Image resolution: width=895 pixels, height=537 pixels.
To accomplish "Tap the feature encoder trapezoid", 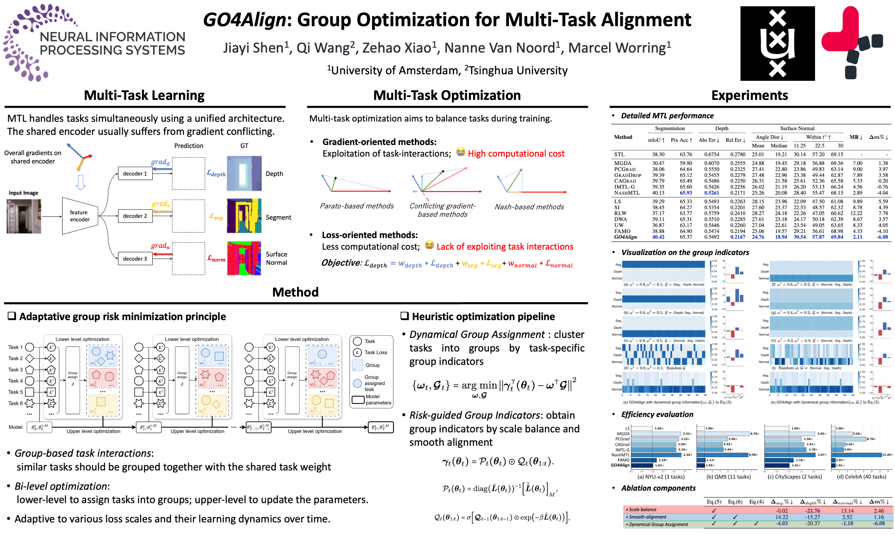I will [80, 216].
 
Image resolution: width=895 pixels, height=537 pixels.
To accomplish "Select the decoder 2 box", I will [135, 216].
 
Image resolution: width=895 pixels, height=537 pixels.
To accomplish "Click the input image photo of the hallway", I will [24, 216].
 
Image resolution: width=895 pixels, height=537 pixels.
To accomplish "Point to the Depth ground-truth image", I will [244, 173].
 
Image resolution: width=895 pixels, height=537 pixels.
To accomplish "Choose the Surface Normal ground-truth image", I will [244, 258].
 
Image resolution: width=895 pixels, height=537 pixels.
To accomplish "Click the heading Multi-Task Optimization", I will [447, 95].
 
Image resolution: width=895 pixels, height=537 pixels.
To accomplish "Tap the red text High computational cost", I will [516, 154].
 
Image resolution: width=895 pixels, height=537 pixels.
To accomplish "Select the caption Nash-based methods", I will [529, 207].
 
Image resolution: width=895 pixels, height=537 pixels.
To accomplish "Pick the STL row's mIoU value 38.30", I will [658, 155].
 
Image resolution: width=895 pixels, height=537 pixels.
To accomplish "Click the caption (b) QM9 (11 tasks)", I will [729, 477].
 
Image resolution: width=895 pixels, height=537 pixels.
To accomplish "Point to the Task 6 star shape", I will [30, 403].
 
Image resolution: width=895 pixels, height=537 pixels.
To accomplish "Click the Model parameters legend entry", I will [371, 400].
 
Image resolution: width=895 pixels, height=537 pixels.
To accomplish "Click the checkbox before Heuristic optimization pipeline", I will [405, 316].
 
